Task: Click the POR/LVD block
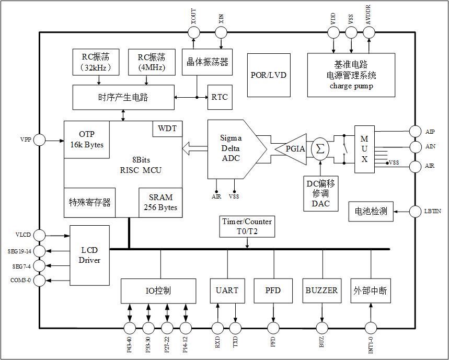(268, 75)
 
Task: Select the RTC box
(220, 97)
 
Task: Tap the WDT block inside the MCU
(167, 129)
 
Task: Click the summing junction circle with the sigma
(320, 149)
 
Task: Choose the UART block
(227, 291)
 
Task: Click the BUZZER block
(321, 291)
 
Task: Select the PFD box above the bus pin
(273, 291)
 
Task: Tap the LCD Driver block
(89, 255)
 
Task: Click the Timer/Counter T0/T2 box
(247, 226)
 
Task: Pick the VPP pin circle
(40, 140)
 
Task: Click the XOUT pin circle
(193, 32)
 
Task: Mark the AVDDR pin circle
(369, 32)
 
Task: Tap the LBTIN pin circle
(416, 211)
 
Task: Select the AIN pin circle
(416, 147)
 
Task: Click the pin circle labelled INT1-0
(371, 328)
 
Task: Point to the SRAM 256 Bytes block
(160, 202)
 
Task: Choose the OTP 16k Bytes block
(87, 140)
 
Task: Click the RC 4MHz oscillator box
(152, 62)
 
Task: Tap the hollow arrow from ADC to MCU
(194, 149)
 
